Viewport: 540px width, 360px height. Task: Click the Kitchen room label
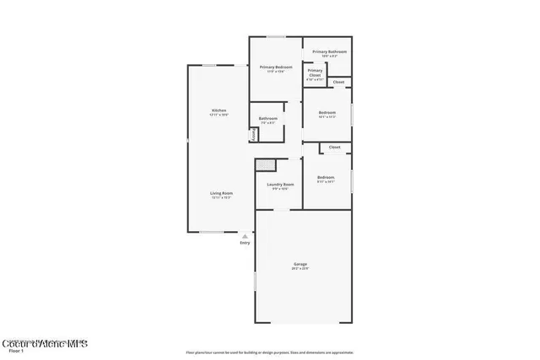tap(219, 110)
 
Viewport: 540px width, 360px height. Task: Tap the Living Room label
tap(222, 193)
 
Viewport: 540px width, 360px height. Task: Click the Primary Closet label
tap(315, 73)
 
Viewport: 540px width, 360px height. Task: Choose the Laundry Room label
tap(280, 184)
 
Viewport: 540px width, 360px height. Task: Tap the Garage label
tap(300, 264)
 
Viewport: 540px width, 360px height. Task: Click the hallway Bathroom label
tap(268, 118)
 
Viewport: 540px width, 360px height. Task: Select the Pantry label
tap(252, 134)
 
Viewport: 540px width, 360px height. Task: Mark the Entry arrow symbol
tap(245, 236)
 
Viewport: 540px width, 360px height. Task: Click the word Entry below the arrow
tap(245, 243)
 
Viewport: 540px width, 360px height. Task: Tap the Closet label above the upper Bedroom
tap(338, 82)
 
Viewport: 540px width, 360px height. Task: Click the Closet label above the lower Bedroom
tap(335, 147)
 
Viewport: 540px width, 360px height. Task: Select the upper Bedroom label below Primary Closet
tap(327, 112)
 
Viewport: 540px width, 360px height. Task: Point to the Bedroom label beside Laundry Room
tap(326, 177)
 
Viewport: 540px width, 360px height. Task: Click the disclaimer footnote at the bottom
tap(269, 352)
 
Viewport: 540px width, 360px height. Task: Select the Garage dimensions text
tap(300, 269)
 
